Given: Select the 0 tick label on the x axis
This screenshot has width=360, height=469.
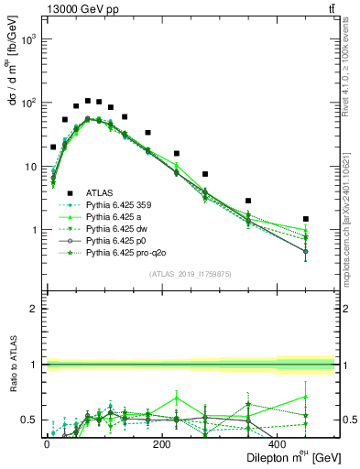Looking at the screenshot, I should coord(47,445).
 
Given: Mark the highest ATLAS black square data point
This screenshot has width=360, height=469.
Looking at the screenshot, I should coord(88,101).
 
